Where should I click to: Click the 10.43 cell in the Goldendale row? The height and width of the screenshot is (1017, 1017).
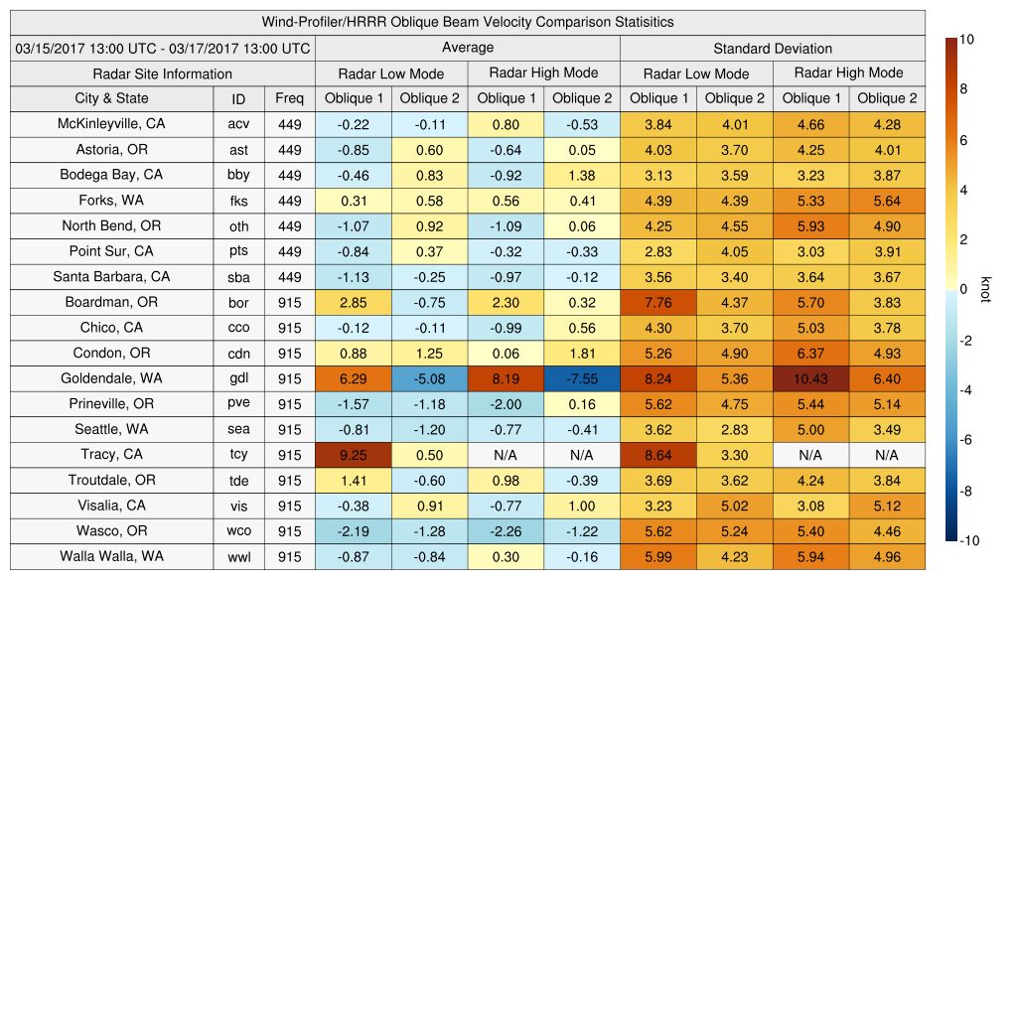click(811, 378)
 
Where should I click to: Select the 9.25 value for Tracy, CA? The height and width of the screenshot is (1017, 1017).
click(353, 455)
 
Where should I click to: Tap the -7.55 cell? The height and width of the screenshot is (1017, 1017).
click(581, 378)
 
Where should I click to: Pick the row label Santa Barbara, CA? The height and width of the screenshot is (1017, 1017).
click(111, 276)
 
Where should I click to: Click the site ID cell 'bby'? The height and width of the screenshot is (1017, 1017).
click(238, 175)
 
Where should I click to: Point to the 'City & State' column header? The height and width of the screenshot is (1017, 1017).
click(111, 98)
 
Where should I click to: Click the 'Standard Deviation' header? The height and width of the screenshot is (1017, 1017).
click(773, 49)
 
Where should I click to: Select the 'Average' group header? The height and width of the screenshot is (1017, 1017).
click(467, 48)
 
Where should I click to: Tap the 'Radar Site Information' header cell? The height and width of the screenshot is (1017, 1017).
click(162, 73)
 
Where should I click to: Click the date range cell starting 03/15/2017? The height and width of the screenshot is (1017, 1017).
click(162, 48)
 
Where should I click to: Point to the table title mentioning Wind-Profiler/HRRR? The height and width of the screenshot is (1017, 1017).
click(467, 22)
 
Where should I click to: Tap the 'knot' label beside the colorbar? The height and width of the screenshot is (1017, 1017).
click(985, 289)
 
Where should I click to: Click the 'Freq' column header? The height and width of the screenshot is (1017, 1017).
click(289, 98)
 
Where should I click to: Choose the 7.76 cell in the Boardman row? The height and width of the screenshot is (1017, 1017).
click(657, 303)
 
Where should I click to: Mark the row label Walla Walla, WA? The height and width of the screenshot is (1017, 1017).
click(111, 556)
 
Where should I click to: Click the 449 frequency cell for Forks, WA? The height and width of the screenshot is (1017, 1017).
click(289, 201)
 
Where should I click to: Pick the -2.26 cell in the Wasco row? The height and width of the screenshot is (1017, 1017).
click(506, 531)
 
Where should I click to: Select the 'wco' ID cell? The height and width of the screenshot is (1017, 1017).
click(238, 531)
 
